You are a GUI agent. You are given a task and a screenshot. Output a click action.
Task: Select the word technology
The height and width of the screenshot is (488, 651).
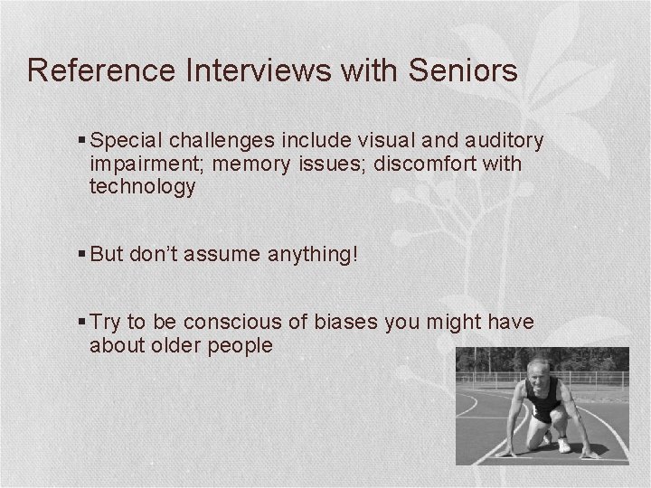click(143, 187)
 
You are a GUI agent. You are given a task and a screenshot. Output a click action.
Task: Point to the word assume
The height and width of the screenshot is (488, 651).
click(219, 256)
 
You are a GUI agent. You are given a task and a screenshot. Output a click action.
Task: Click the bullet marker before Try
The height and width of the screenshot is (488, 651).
click(81, 323)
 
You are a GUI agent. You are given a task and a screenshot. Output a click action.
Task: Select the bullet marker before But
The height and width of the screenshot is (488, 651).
click(81, 256)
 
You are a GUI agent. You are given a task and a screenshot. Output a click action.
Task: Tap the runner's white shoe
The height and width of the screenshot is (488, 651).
click(564, 446)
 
